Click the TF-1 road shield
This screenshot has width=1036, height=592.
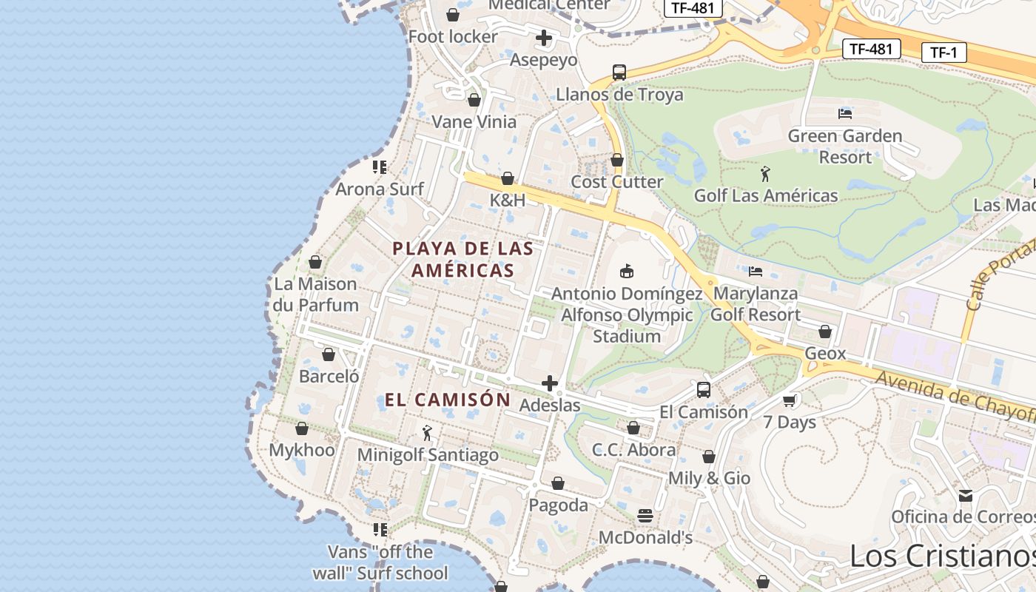tap(943, 53)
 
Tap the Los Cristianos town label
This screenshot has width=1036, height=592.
tap(941, 555)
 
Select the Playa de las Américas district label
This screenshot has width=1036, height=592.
tap(462, 259)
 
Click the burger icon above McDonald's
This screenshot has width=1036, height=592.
tap(645, 515)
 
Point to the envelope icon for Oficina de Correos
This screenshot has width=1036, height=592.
tap(966, 495)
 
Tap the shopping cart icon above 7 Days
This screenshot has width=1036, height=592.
tap(790, 400)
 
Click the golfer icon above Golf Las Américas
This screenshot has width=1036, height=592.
tap(765, 175)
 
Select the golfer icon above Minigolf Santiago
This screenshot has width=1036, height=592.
tap(427, 433)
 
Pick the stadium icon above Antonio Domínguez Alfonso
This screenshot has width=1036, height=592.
tap(627, 272)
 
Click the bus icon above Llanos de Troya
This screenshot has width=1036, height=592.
tap(619, 73)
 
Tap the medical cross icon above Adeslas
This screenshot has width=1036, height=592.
tap(549, 383)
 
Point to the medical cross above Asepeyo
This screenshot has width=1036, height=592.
tap(544, 38)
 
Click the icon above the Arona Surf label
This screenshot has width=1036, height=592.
tap(380, 167)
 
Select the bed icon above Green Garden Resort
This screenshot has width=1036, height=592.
tap(844, 113)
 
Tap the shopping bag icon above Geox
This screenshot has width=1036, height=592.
tap(825, 332)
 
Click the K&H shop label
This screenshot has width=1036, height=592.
tap(508, 200)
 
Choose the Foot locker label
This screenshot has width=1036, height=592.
tap(453, 36)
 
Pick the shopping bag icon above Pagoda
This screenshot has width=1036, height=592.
tap(558, 483)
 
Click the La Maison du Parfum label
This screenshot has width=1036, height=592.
tap(316, 294)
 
